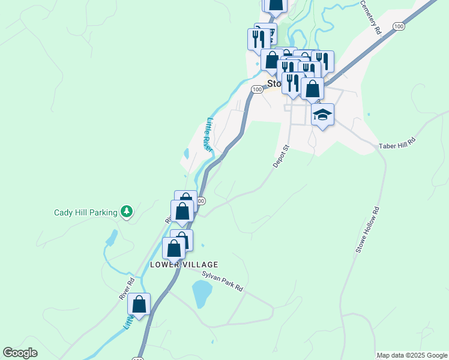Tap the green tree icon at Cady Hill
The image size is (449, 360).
tap(126, 211)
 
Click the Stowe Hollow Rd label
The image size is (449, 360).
tap(367, 230)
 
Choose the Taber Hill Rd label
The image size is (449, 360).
tap(397, 146)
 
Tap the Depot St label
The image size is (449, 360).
tap(281, 156)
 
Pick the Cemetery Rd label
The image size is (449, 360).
tap(371, 16)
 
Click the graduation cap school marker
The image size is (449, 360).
tap(323, 115)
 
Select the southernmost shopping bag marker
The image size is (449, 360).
tap(139, 305)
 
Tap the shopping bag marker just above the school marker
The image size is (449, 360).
tap(312, 89)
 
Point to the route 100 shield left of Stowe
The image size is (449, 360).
tap(256, 89)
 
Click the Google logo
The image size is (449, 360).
tap(20, 353)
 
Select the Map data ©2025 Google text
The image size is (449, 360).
tap(412, 356)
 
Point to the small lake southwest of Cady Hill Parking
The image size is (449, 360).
tap(112, 238)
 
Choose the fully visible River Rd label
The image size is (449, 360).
tap(127, 289)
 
